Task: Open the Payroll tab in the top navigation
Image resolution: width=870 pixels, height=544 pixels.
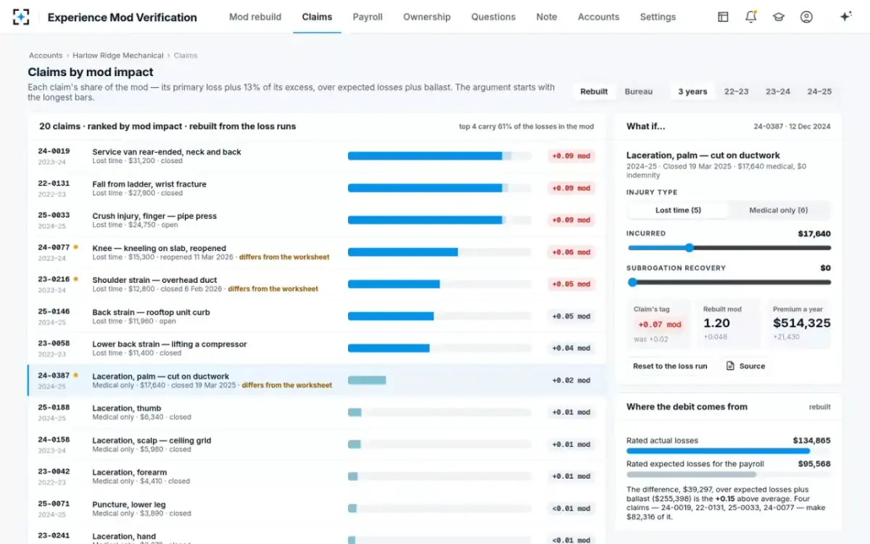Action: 368,17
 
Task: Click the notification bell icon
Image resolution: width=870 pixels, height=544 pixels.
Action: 751,17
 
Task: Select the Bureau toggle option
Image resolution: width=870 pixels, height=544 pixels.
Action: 638,91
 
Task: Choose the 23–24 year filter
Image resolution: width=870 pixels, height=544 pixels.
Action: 777,91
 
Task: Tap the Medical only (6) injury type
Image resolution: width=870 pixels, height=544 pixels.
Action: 779,210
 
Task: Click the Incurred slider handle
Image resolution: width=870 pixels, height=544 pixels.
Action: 689,248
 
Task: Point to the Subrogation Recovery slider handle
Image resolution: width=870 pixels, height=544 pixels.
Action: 633,282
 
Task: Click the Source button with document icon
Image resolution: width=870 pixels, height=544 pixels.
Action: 745,366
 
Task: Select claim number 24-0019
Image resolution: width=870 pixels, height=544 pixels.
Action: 54,151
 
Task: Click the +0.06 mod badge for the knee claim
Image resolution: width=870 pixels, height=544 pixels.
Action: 571,252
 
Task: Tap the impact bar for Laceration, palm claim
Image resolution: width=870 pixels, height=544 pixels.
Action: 367,380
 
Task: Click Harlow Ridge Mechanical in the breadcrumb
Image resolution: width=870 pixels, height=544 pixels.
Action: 118,56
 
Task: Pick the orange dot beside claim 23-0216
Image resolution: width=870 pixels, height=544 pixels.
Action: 75,279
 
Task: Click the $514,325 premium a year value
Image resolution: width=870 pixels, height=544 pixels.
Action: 802,323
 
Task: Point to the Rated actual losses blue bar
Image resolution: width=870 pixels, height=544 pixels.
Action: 718,451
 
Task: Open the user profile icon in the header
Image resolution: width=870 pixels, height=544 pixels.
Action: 806,17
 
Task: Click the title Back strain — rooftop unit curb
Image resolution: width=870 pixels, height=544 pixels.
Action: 151,312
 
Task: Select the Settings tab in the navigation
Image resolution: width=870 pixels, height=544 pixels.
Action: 658,17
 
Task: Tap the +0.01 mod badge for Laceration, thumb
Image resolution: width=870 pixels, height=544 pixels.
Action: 571,412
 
